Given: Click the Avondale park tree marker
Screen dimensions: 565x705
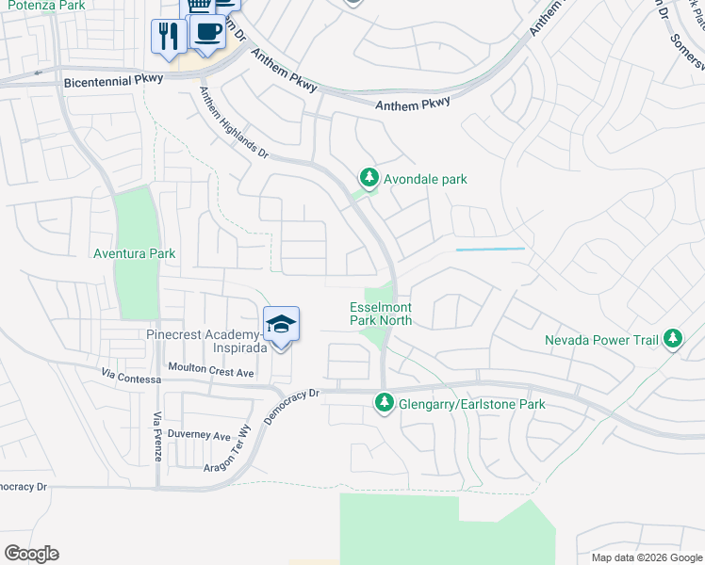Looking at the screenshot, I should [x=369, y=177].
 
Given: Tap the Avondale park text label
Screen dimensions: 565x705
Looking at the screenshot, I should [x=424, y=179].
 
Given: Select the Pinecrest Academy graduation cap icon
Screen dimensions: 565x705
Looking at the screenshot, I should [x=281, y=325].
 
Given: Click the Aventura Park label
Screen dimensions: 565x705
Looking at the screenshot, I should [x=135, y=253].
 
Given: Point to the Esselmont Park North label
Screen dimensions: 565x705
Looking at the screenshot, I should [x=382, y=314].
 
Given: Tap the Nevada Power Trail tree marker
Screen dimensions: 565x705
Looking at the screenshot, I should [x=672, y=339].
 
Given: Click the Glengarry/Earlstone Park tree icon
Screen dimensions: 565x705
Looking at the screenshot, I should [x=384, y=404].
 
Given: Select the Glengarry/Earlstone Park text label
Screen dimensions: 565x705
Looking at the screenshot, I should [x=470, y=405].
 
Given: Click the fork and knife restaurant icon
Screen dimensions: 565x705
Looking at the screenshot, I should [x=168, y=37].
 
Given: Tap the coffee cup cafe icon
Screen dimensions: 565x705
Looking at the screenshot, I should [x=206, y=31].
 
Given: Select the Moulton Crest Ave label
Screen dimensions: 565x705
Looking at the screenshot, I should [x=211, y=373].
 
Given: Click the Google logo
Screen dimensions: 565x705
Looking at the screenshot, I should [x=32, y=554].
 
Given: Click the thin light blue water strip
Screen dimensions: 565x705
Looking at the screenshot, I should [x=490, y=250].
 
